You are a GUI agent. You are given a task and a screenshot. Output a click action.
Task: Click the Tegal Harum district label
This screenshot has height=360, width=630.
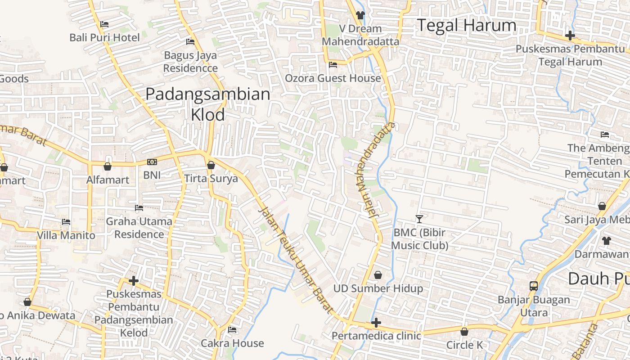[x=467, y=25]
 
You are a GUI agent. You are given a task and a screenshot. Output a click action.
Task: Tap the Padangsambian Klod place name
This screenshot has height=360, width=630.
[x=208, y=104]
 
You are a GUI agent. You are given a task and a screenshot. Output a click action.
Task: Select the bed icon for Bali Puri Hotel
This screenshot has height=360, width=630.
[x=104, y=24]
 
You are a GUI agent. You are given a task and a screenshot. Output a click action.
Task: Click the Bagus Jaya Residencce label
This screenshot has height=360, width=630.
[x=190, y=62]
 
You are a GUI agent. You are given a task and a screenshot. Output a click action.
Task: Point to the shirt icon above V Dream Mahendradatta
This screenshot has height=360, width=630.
[x=360, y=15]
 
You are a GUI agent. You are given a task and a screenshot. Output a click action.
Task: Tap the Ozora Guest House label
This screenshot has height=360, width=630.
[x=333, y=78]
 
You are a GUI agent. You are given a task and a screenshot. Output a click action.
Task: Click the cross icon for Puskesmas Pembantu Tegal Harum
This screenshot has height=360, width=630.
[x=570, y=35]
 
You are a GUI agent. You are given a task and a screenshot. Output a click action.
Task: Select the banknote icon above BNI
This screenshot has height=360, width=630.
[x=152, y=162]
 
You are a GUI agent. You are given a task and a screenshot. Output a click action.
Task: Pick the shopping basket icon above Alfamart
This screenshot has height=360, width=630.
[x=108, y=167]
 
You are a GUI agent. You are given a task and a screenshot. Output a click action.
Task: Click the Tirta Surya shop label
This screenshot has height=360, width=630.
[x=211, y=179]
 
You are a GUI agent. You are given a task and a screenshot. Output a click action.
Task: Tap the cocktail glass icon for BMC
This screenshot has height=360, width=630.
[x=419, y=219]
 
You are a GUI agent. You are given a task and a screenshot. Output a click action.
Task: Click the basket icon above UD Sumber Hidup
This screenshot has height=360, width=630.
[x=378, y=275]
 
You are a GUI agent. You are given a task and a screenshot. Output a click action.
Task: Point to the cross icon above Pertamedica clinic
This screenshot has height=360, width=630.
[x=376, y=323]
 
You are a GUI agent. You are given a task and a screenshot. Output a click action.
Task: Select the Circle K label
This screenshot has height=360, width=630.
[x=464, y=345]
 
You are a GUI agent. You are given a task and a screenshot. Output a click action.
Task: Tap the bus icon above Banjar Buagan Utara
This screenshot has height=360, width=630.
[x=534, y=286]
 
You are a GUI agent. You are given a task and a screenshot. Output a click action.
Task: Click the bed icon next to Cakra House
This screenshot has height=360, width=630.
[x=232, y=330]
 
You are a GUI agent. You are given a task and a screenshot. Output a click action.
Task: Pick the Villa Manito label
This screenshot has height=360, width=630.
[x=66, y=235]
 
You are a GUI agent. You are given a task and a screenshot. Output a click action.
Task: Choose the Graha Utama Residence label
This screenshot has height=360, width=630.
[x=139, y=228]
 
